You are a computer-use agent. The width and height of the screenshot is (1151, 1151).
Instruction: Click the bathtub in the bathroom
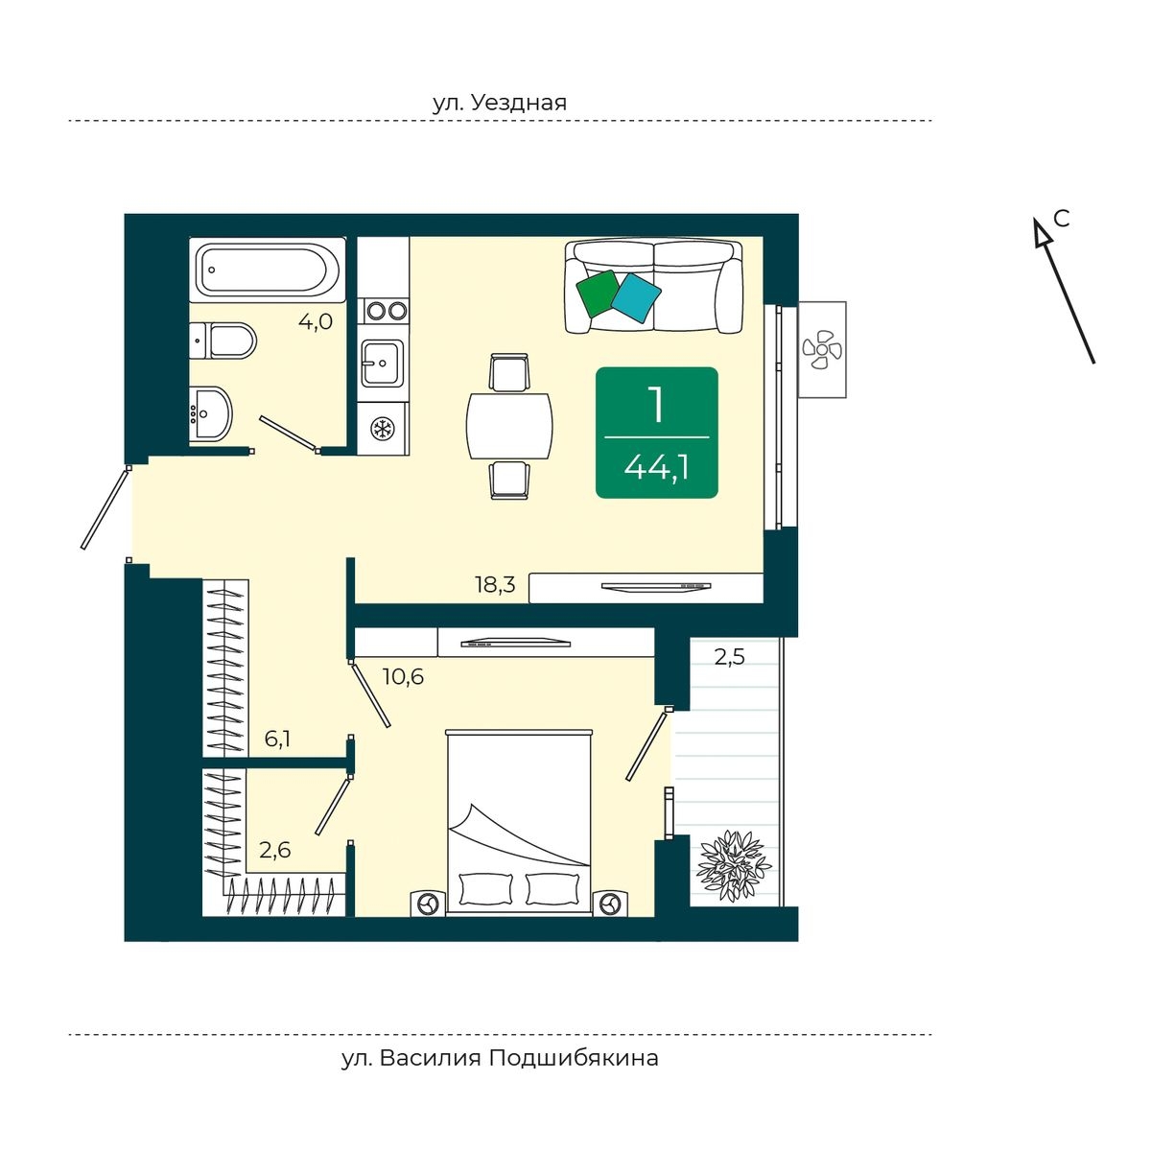[x=267, y=270]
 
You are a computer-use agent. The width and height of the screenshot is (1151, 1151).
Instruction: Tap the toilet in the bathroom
[x=223, y=341]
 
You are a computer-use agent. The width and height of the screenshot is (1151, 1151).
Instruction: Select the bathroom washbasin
[x=210, y=414]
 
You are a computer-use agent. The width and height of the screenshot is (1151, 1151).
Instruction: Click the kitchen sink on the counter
[x=383, y=364]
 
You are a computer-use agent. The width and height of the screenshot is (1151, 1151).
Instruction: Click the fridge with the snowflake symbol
[x=383, y=428]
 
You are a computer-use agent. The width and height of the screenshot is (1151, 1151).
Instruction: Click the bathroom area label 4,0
[x=316, y=322]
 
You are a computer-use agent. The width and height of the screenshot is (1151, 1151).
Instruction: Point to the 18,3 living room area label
[x=495, y=585]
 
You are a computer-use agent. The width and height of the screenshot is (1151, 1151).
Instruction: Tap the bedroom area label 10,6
[x=403, y=677]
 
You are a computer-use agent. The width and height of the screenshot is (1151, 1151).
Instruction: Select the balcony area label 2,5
[x=730, y=657]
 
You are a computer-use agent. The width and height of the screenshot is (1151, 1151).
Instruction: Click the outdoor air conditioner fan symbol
[x=822, y=349]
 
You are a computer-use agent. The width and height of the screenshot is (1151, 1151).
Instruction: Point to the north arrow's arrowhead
[x=1042, y=232]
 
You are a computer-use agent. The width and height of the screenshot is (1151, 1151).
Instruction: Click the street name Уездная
[x=518, y=104]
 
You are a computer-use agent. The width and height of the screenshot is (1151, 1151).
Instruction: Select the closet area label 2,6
[x=274, y=849]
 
